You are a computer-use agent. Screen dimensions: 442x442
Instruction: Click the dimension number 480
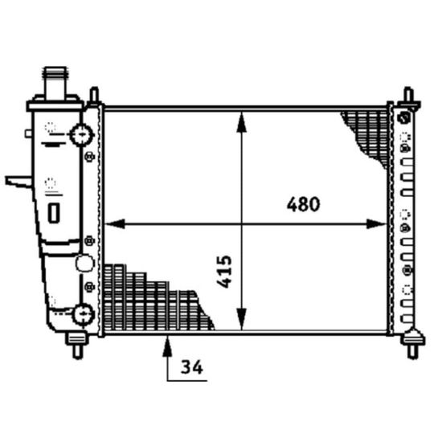[303, 204]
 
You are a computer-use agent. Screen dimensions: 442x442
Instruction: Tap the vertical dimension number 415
[225, 272]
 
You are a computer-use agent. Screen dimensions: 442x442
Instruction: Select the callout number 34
[192, 367]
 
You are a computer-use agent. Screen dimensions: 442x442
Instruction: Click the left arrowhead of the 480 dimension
[115, 224]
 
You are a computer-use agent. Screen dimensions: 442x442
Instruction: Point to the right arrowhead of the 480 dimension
[376, 224]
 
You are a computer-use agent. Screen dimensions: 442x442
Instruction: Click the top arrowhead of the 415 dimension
[242, 122]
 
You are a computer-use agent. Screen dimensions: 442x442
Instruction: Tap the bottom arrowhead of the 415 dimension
[242, 319]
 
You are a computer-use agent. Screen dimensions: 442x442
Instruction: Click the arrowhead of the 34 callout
[167, 346]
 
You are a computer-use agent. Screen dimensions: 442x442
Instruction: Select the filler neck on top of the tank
[55, 82]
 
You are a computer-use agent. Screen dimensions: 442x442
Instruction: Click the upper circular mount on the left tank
[82, 135]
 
